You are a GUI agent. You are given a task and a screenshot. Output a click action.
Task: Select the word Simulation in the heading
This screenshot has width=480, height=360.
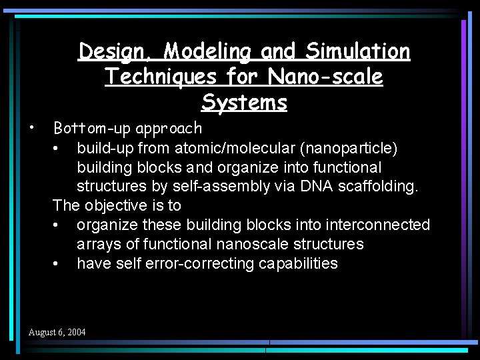click(358, 51)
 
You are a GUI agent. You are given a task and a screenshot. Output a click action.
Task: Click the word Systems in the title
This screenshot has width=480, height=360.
click(244, 103)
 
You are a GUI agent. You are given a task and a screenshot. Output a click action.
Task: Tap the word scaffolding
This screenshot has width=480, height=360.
click(379, 186)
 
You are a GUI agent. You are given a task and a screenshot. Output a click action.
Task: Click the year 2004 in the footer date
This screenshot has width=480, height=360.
click(76, 332)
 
